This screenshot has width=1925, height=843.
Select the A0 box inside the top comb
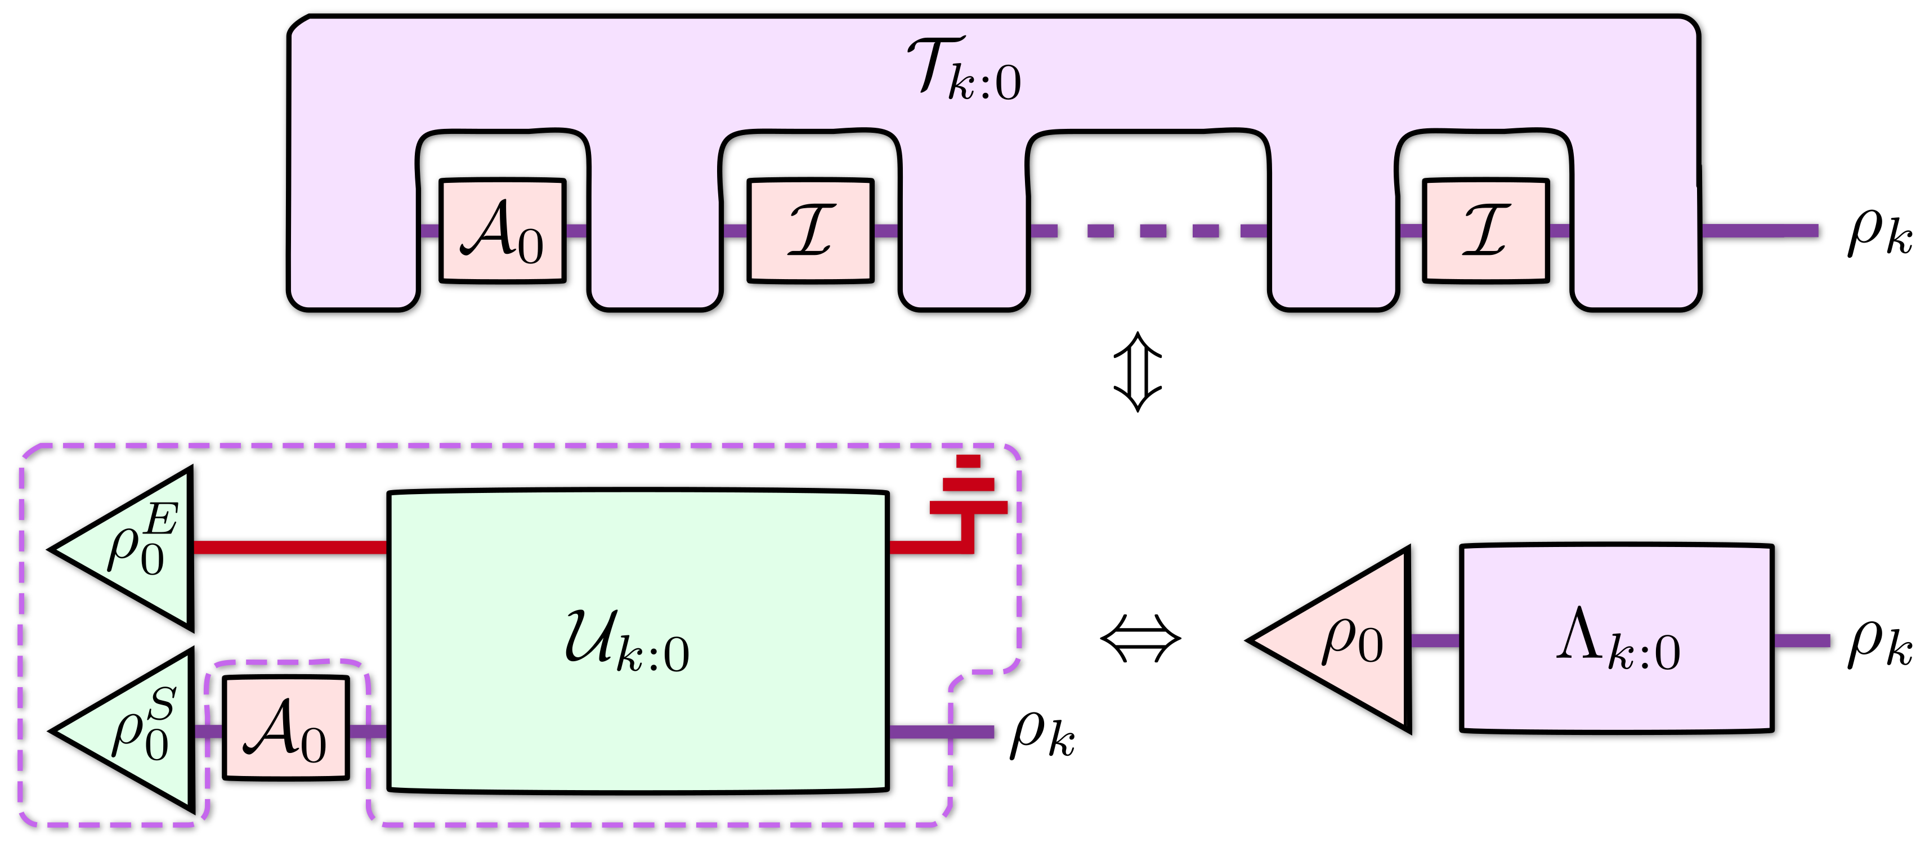click(502, 230)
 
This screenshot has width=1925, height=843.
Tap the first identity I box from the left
click(810, 230)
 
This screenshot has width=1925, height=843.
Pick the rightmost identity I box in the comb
click(1485, 230)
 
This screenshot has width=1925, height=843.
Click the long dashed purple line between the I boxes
click(1149, 230)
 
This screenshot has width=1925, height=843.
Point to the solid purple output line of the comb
click(1760, 230)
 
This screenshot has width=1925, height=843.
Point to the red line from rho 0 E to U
click(290, 548)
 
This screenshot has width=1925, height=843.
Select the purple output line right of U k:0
click(942, 732)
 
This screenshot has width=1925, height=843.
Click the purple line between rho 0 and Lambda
click(1435, 640)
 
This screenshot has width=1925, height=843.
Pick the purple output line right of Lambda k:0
click(1802, 640)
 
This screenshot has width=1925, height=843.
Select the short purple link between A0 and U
click(368, 731)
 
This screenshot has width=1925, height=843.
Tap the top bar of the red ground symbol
click(968, 461)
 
